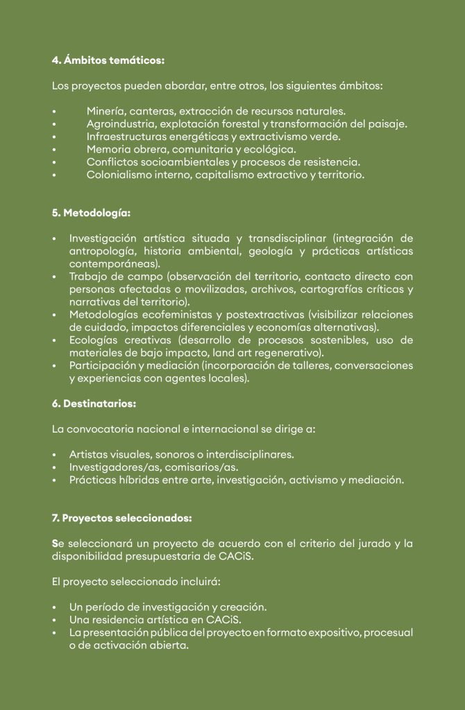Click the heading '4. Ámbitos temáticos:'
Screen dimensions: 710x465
(x=108, y=60)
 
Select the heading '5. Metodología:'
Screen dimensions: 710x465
(x=91, y=213)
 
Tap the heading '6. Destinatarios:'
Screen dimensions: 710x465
(x=94, y=403)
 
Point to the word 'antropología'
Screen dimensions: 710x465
(x=101, y=251)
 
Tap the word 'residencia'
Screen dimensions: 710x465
(x=117, y=620)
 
